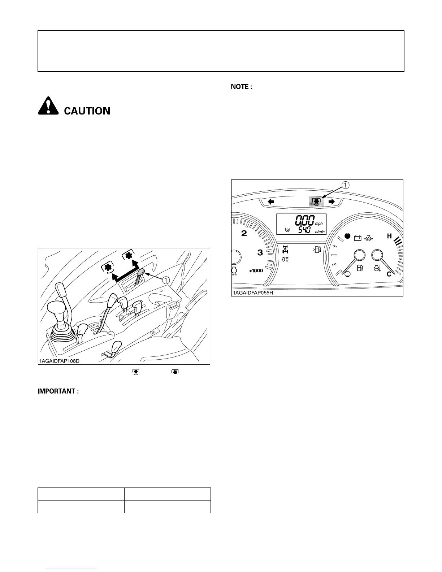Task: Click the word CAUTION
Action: [87, 111]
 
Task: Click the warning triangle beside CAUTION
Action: [48, 107]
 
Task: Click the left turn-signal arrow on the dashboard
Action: [271, 202]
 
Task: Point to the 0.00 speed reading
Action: [305, 220]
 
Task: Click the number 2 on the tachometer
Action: [244, 233]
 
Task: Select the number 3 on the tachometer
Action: [260, 252]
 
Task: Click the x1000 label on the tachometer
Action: [256, 271]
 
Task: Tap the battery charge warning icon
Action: [357, 238]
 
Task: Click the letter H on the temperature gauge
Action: [389, 236]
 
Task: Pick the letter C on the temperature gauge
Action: [389, 274]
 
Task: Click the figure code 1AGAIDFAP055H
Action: [253, 292]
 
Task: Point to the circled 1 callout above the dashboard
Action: [346, 185]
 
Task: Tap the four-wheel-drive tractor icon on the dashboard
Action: [285, 249]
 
